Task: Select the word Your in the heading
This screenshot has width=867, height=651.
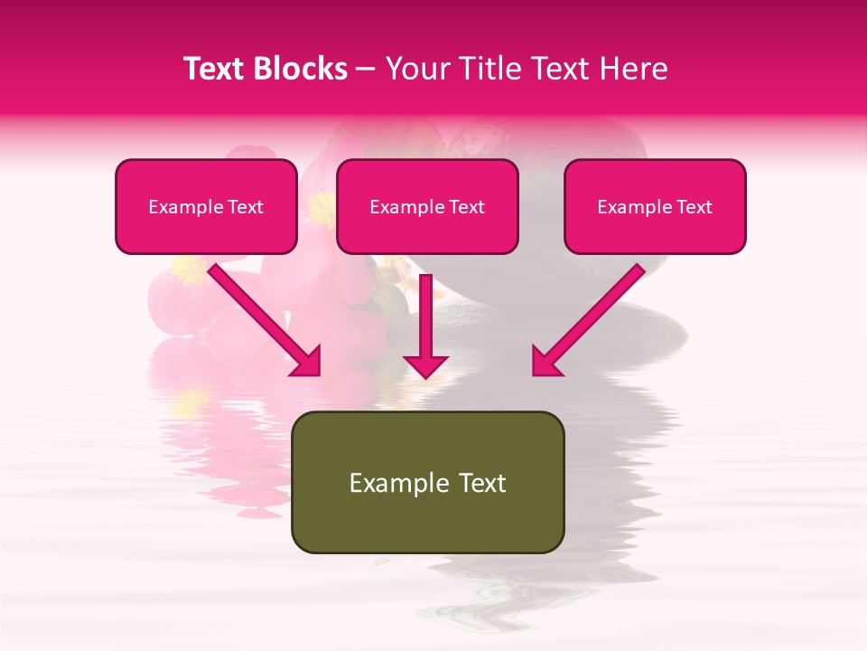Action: click(x=415, y=69)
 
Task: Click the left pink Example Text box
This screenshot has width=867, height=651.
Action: click(x=206, y=206)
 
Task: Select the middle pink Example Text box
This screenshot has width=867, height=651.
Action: click(x=427, y=206)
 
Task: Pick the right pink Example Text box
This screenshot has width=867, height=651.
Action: click(x=655, y=206)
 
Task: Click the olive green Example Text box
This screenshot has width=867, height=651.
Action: click(x=427, y=482)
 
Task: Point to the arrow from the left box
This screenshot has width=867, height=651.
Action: click(x=262, y=317)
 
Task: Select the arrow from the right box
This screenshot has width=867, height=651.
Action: click(x=592, y=317)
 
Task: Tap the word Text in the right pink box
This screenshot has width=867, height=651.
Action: click(x=695, y=207)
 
